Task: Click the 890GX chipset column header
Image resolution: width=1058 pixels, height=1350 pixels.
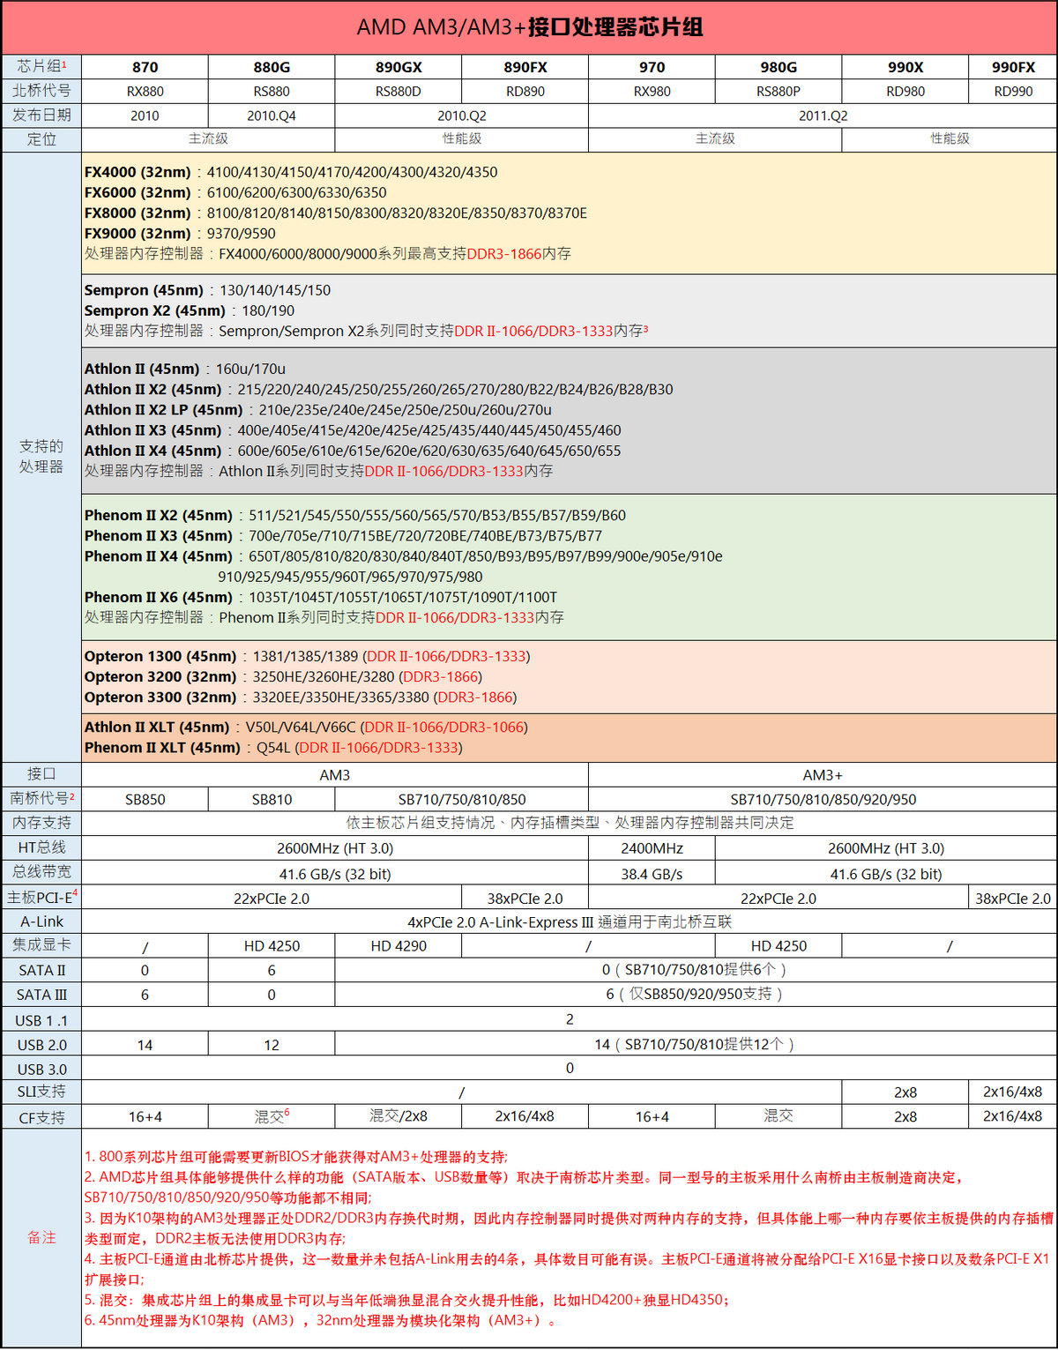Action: (398, 67)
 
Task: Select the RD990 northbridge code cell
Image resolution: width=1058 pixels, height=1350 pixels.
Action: (1013, 91)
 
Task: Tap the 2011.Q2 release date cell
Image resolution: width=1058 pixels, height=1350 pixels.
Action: (823, 116)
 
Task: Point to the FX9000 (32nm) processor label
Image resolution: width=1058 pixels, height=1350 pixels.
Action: (138, 234)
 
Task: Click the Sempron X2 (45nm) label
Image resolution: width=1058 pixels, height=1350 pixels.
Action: (155, 310)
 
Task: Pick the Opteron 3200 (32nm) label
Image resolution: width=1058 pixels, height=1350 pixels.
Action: (160, 676)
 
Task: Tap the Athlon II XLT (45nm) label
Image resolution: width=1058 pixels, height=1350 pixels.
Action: (157, 727)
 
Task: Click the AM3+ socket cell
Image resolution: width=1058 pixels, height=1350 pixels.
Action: (823, 775)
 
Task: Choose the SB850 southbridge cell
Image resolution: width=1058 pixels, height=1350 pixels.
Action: (145, 800)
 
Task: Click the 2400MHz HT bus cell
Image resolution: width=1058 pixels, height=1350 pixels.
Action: (652, 848)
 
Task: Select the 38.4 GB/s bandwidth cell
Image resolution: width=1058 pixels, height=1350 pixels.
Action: (652, 874)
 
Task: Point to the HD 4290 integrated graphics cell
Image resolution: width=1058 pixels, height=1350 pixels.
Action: (398, 946)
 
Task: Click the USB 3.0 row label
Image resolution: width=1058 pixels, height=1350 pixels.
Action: (41, 1070)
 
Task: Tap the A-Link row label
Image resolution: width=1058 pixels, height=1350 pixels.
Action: (41, 921)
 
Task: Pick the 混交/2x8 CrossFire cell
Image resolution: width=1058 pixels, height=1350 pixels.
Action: (398, 1116)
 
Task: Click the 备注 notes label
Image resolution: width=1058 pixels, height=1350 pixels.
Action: (41, 1238)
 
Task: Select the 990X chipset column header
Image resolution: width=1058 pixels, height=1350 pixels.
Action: (905, 67)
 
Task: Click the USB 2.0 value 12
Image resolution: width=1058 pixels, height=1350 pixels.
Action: (272, 1045)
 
